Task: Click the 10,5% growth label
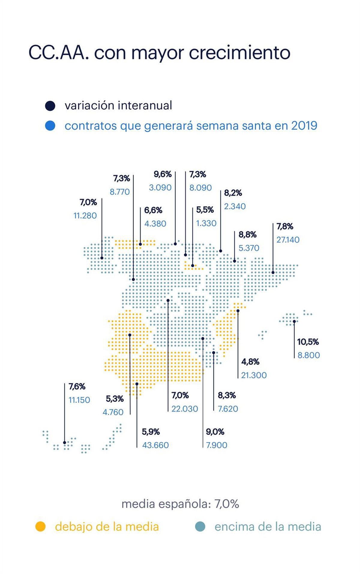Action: [x=308, y=342]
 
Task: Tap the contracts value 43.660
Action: [x=155, y=445]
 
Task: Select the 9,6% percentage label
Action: [x=163, y=174]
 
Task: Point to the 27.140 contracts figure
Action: [x=288, y=240]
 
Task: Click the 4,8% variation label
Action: [x=250, y=362]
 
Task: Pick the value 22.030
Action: [x=185, y=409]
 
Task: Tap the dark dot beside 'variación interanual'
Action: [x=50, y=106]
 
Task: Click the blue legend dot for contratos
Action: [x=50, y=126]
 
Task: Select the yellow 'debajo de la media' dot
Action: [x=40, y=527]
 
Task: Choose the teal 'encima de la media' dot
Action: [x=200, y=527]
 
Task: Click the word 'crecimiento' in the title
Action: [x=239, y=53]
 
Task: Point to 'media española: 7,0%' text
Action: [x=180, y=504]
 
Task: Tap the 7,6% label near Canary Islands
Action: [x=77, y=387]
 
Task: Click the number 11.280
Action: [x=85, y=216]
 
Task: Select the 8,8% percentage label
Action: [x=247, y=235]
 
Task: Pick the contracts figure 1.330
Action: [x=206, y=223]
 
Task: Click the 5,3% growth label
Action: [x=115, y=399]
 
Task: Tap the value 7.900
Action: [x=217, y=445]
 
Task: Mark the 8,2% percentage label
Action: [x=233, y=193]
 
